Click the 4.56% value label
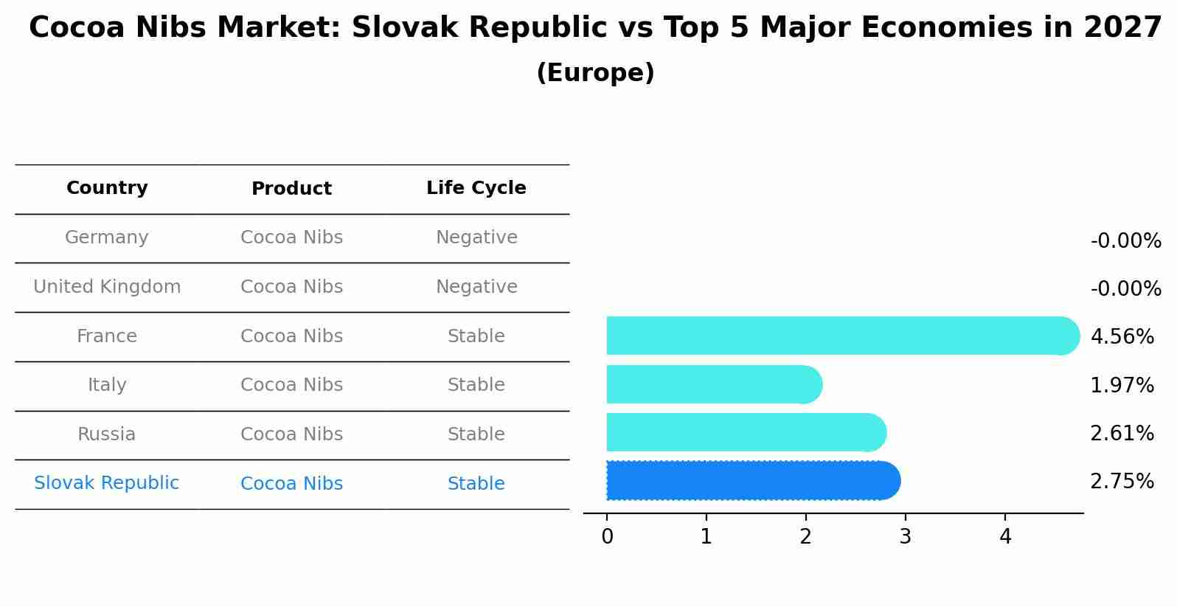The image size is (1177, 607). [1122, 337]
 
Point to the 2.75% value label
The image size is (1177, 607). [1122, 482]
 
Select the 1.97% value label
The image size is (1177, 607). [1122, 385]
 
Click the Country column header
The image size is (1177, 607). [107, 188]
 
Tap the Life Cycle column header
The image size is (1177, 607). [476, 188]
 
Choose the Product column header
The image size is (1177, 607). [291, 189]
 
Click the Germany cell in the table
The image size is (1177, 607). [107, 237]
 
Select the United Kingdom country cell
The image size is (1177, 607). [107, 287]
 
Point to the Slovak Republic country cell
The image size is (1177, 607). [107, 483]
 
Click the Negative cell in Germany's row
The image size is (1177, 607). [476, 237]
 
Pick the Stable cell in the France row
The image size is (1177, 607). [476, 336]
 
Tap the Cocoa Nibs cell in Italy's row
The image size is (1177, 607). [291, 385]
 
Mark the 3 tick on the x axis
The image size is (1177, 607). [905, 537]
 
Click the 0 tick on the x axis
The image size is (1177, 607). [607, 537]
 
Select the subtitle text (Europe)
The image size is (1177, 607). [595, 73]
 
